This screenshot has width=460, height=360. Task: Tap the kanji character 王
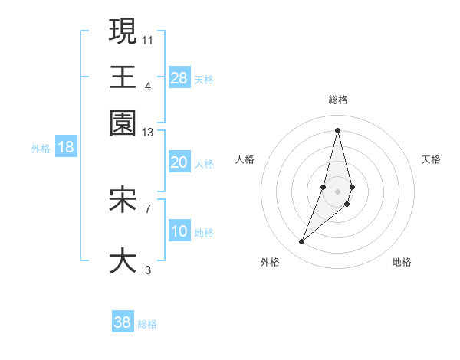123,77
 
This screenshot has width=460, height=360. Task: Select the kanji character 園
123,123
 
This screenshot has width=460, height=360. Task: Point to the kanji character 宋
123,200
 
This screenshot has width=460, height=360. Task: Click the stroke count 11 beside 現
148,40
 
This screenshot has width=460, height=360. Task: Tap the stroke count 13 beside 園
148,133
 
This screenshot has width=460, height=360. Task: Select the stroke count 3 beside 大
148,270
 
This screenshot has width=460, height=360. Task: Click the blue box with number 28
179,78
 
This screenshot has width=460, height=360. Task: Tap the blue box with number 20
179,162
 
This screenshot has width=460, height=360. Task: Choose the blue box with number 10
179,231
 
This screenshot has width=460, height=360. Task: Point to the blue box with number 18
65,147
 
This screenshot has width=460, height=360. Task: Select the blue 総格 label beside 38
147,324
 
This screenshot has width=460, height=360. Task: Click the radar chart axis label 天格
431,159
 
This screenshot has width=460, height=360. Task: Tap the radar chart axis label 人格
245,159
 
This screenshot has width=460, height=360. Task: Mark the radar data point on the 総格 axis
337,130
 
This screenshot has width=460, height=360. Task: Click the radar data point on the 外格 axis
302,242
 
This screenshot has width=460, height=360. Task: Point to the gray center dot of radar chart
337,191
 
